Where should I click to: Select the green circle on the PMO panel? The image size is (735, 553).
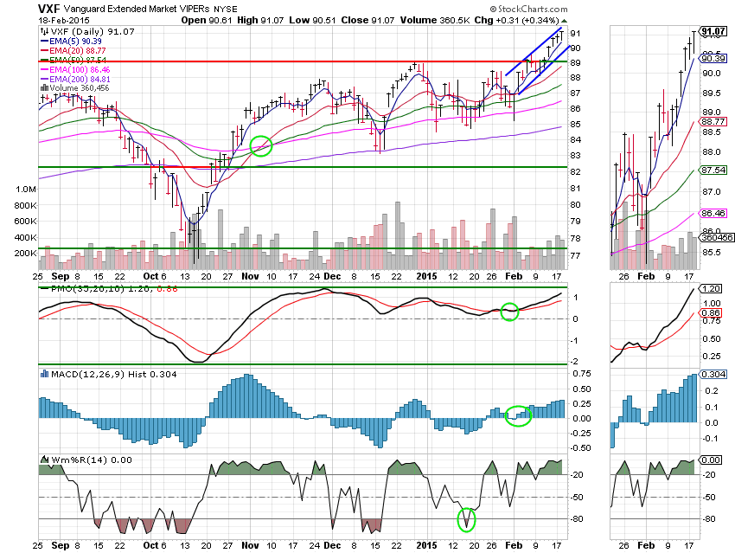coord(509,311)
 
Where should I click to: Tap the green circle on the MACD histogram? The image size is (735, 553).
coord(517,416)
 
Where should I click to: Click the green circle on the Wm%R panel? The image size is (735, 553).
coord(467,519)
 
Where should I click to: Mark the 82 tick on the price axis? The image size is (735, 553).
coord(574,172)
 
